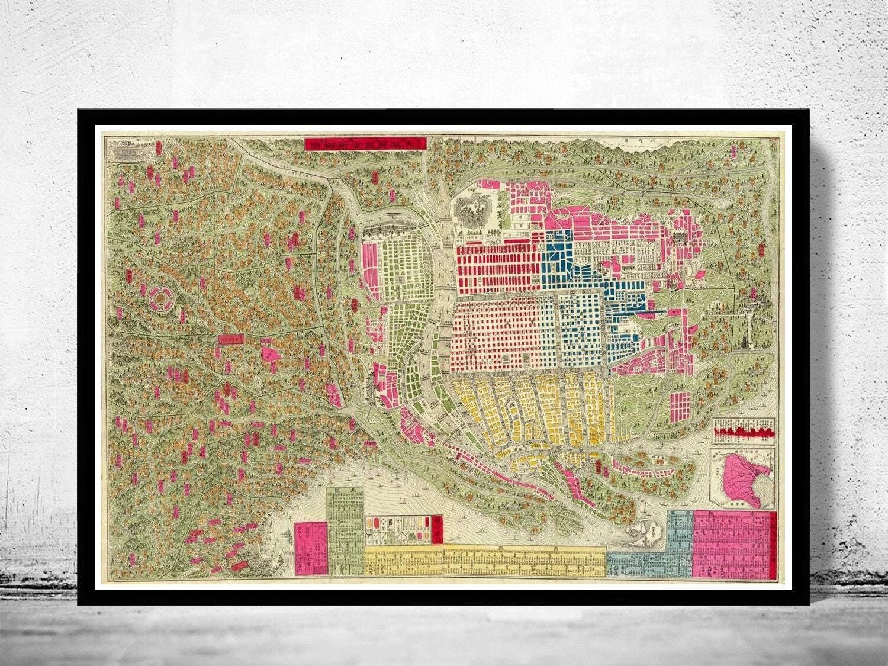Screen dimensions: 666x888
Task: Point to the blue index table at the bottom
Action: [651, 551]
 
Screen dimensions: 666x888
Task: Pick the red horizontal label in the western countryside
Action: [231, 340]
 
